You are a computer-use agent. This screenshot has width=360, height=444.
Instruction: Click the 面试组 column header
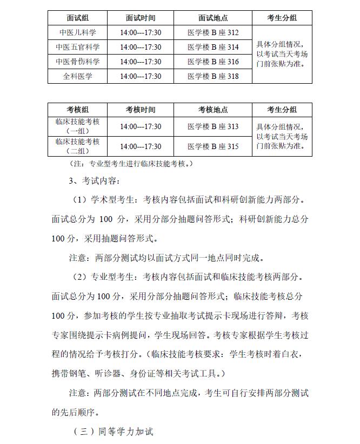click(77, 18)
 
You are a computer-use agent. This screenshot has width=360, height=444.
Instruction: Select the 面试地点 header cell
click(213, 18)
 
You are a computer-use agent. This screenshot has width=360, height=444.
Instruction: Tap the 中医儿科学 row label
click(77, 33)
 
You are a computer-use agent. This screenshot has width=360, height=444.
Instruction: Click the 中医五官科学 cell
click(77, 48)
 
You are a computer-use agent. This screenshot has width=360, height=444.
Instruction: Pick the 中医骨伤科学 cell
click(77, 62)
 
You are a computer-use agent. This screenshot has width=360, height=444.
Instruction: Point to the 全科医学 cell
click(77, 77)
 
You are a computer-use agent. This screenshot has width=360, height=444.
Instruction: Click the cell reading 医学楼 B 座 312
click(213, 33)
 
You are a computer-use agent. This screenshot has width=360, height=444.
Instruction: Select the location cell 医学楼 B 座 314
click(213, 48)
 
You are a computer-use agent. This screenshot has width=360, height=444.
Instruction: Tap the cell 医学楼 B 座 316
click(213, 62)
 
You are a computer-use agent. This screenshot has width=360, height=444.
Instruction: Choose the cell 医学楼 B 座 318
click(213, 77)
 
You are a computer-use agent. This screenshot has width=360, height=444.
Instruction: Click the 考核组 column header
click(77, 110)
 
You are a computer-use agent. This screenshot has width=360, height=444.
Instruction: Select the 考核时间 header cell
click(141, 110)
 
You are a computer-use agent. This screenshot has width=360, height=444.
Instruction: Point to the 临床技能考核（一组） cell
click(77, 126)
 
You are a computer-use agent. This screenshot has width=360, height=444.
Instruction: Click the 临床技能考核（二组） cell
click(77, 146)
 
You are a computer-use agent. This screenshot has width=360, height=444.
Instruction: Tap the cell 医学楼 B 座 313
click(213, 126)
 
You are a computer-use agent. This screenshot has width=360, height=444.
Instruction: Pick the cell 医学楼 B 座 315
click(213, 146)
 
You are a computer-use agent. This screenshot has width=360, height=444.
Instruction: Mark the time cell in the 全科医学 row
click(141, 77)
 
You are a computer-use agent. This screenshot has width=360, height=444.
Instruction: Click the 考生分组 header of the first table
click(282, 18)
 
